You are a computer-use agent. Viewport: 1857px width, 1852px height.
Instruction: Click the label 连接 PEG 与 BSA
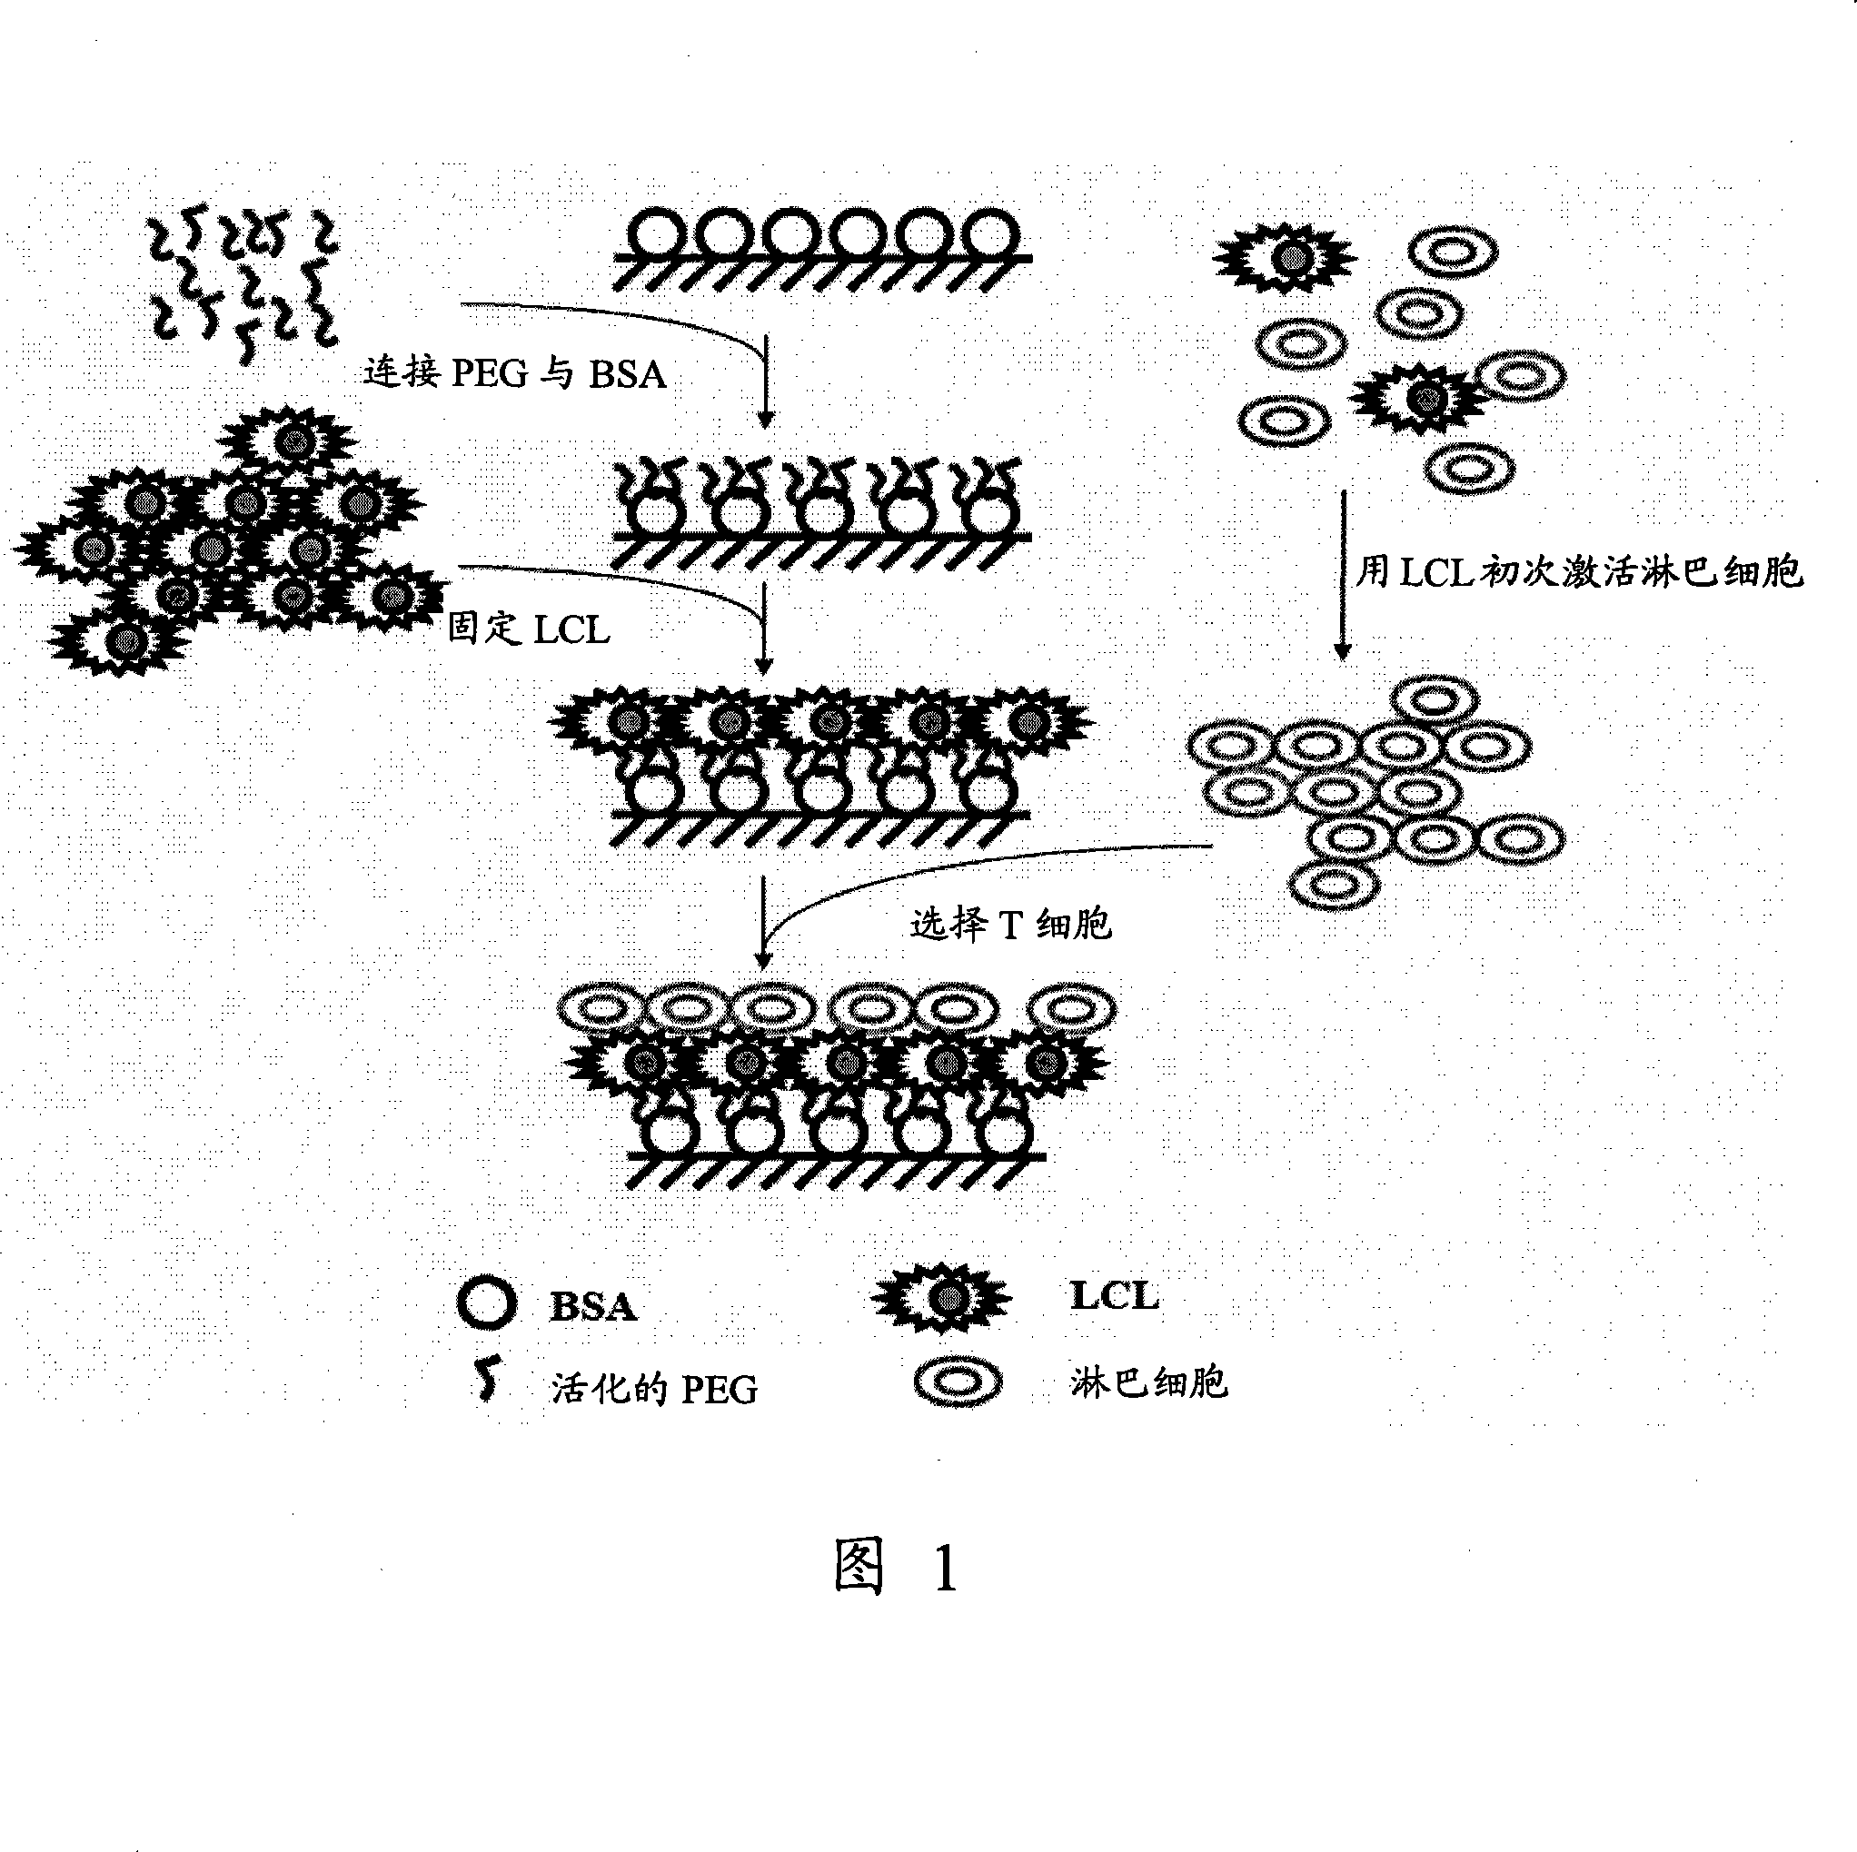(x=514, y=373)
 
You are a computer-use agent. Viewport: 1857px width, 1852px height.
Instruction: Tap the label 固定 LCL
(x=529, y=629)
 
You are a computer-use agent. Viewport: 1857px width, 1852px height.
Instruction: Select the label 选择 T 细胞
(x=1010, y=925)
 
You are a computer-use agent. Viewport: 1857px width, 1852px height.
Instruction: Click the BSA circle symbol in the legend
(x=486, y=1304)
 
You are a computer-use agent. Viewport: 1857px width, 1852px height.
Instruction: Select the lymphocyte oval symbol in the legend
(x=958, y=1383)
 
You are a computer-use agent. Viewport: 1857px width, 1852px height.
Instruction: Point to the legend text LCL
(x=1115, y=1296)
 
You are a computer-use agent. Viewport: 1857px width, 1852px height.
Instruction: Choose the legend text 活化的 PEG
(x=653, y=1389)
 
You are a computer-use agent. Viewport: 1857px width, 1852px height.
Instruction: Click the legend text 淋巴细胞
(x=1148, y=1383)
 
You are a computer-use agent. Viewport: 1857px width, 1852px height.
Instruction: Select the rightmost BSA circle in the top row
(x=990, y=234)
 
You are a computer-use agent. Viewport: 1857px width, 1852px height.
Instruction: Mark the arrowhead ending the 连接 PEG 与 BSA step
(x=765, y=419)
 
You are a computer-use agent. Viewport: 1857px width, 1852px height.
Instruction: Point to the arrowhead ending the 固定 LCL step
(x=764, y=666)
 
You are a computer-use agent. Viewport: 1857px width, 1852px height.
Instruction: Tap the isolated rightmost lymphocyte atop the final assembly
(x=1072, y=1009)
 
